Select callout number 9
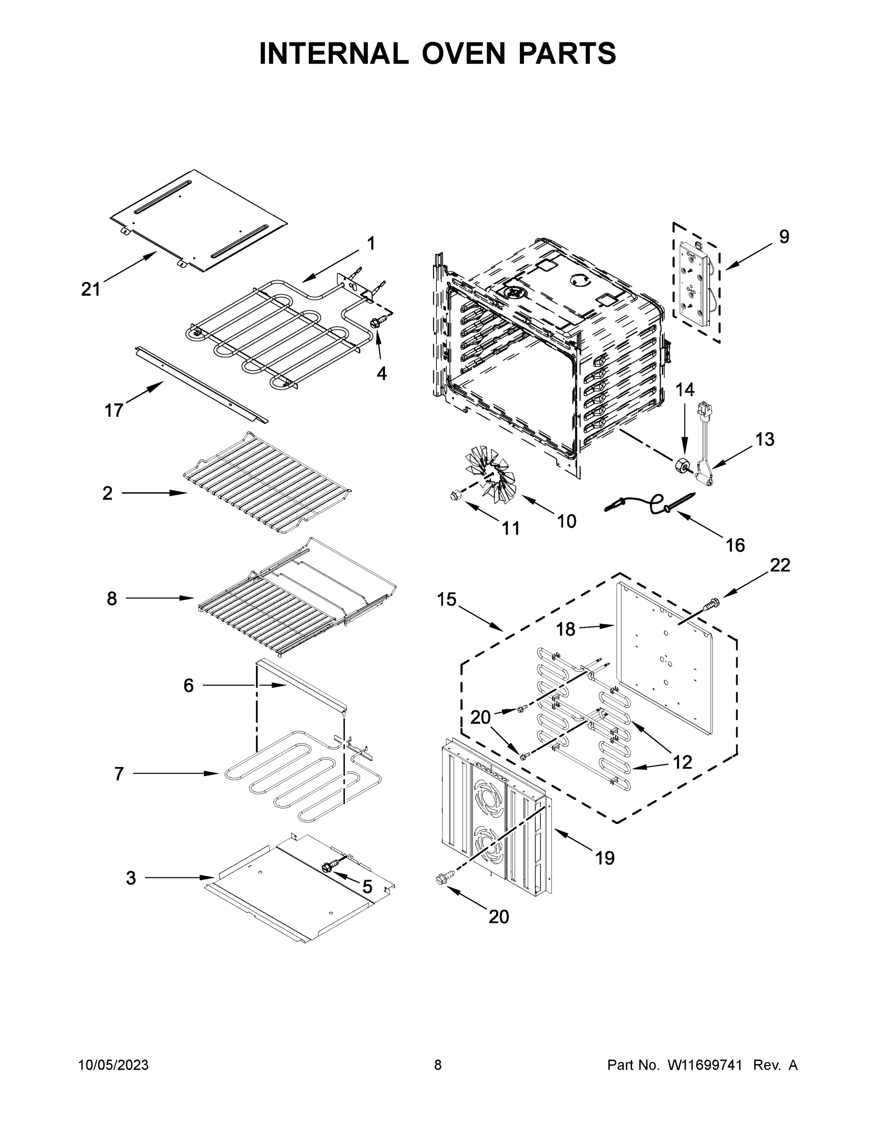(784, 236)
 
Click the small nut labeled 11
(455, 496)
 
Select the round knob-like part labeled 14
(680, 466)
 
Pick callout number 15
(446, 599)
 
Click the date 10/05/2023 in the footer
(114, 1065)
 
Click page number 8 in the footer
(438, 1065)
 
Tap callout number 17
(114, 410)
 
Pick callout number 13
(765, 439)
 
